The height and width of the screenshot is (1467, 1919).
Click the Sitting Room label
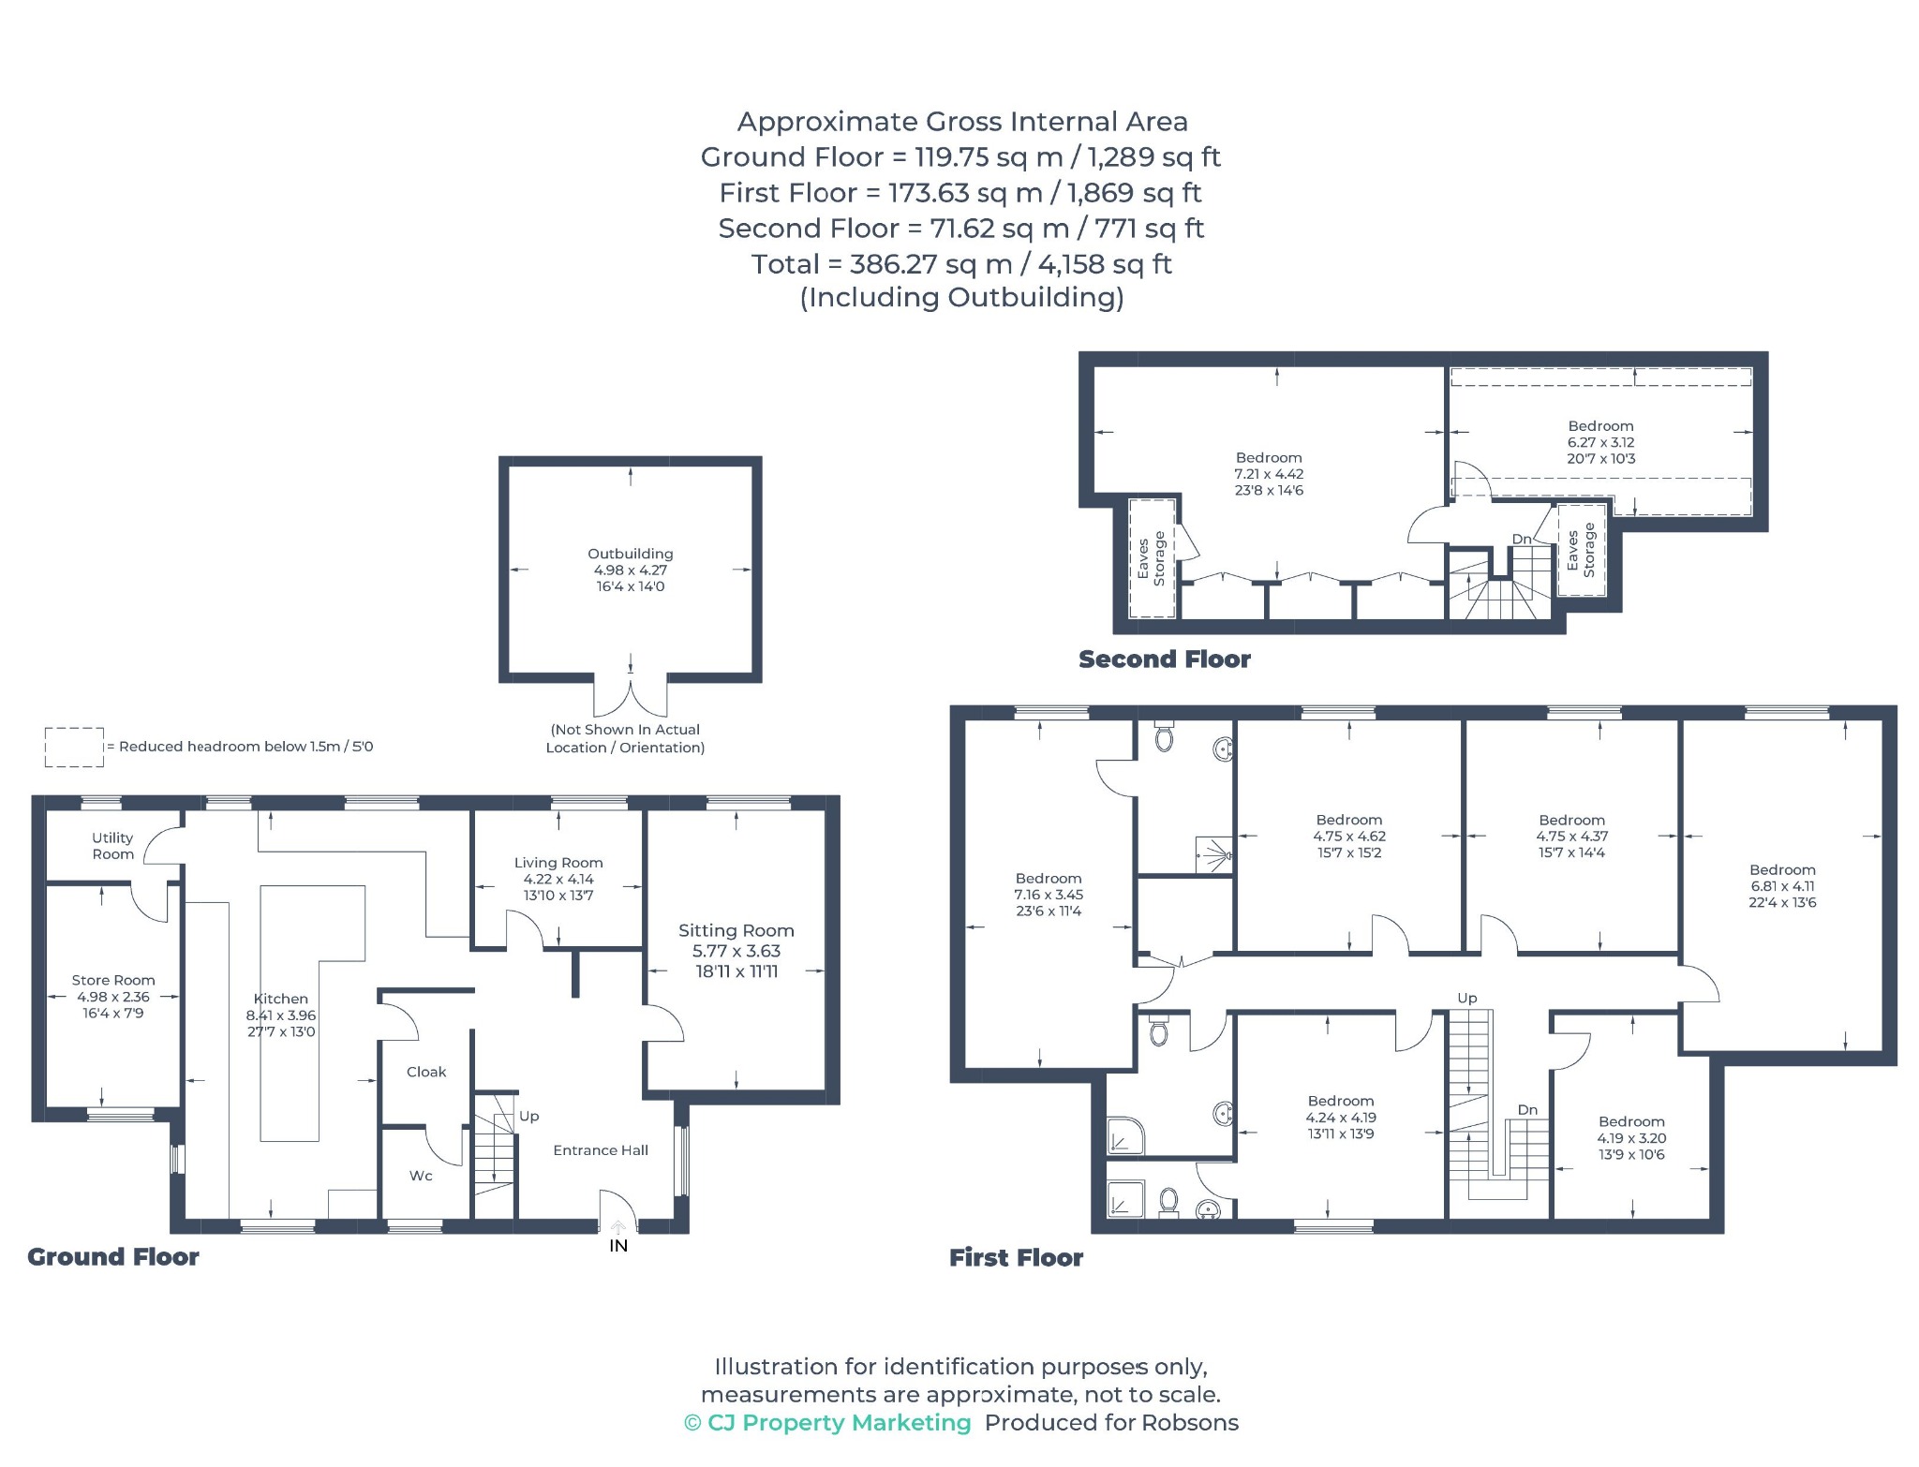pos(736,930)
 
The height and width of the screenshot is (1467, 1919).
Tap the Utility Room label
pos(112,846)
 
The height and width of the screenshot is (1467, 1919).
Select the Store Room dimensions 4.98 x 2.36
pos(113,997)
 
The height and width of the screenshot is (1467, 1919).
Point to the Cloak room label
pos(426,1072)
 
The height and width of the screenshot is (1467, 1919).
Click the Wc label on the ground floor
pos(421,1176)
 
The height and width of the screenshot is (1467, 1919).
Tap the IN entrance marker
pos(618,1246)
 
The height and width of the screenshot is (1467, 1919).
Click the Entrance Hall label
pos(601,1150)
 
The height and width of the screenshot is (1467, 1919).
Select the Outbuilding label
pos(631,554)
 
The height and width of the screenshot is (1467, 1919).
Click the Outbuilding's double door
pos(631,698)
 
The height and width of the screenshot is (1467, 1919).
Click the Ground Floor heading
pos(113,1257)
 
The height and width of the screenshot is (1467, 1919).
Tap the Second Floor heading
pos(1165,659)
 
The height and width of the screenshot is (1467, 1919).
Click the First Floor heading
pos(1017,1257)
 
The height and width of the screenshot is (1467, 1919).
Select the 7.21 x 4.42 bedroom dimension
pos(1269,474)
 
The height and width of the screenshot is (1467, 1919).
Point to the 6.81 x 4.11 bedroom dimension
pos(1782,886)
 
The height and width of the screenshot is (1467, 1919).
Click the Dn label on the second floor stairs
pos(1522,539)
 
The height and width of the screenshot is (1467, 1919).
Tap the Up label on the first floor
pos(1467,998)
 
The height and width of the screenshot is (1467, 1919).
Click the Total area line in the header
pos(961,264)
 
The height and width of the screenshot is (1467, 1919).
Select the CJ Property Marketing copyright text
pos(828,1423)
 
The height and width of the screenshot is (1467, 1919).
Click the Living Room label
pos(558,863)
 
